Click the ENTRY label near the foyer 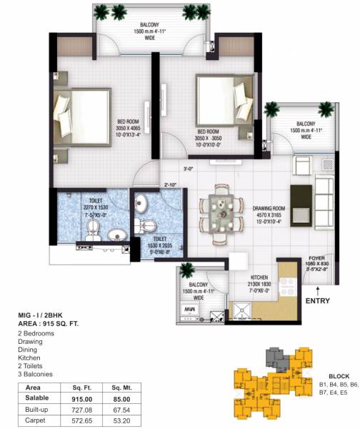317,301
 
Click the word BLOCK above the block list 339,376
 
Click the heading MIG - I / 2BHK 45,315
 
